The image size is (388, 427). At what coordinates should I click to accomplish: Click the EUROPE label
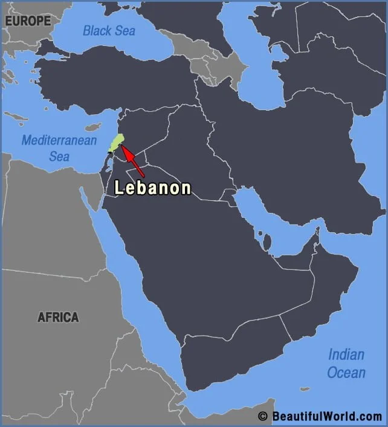[28, 21]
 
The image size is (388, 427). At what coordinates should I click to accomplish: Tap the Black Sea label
[109, 30]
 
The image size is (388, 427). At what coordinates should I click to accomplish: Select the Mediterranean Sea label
[59, 148]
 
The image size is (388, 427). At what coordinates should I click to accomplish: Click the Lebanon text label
[153, 188]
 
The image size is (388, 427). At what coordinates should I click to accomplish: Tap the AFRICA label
[58, 317]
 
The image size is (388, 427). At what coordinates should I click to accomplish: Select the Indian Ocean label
[346, 363]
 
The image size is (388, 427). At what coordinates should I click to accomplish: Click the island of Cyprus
[92, 128]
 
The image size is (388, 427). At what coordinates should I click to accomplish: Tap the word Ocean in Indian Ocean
[346, 372]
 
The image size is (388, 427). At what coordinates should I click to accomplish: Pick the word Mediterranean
[59, 140]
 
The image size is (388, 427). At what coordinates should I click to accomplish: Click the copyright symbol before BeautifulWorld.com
[262, 416]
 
